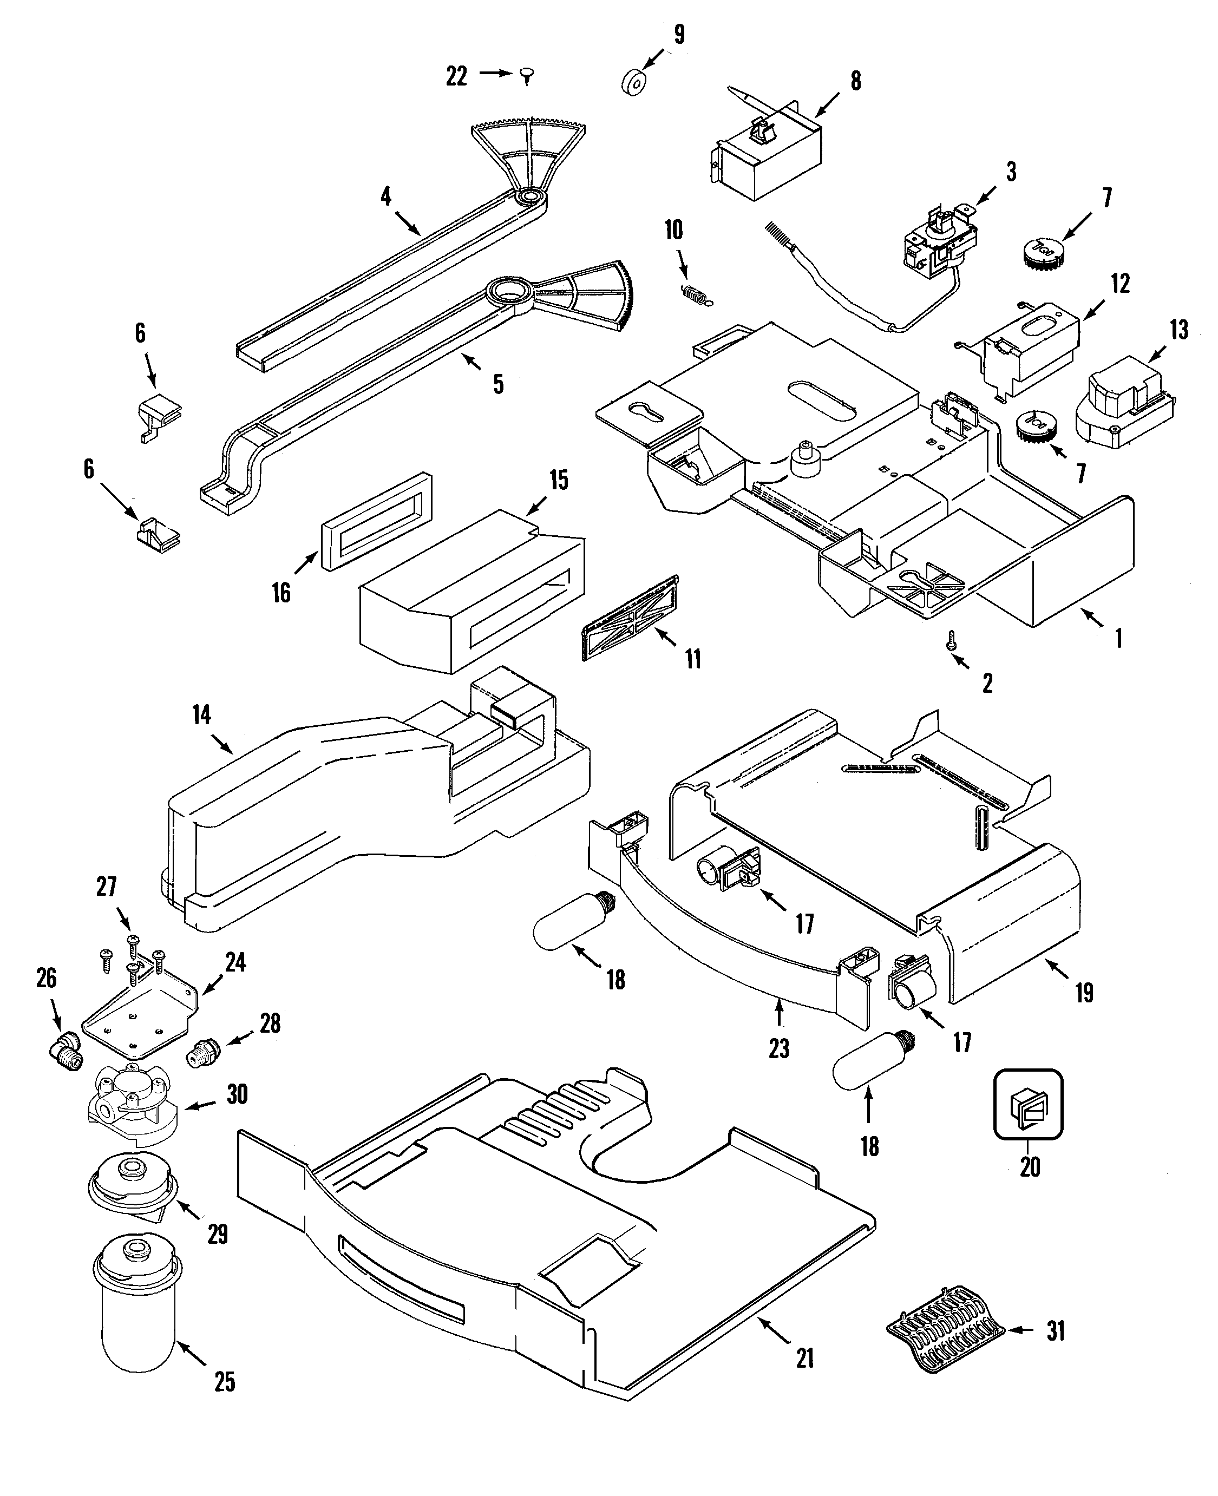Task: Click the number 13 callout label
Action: click(1178, 330)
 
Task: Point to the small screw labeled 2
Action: click(951, 640)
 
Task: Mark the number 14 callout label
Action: click(201, 716)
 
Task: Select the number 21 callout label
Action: click(805, 1359)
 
